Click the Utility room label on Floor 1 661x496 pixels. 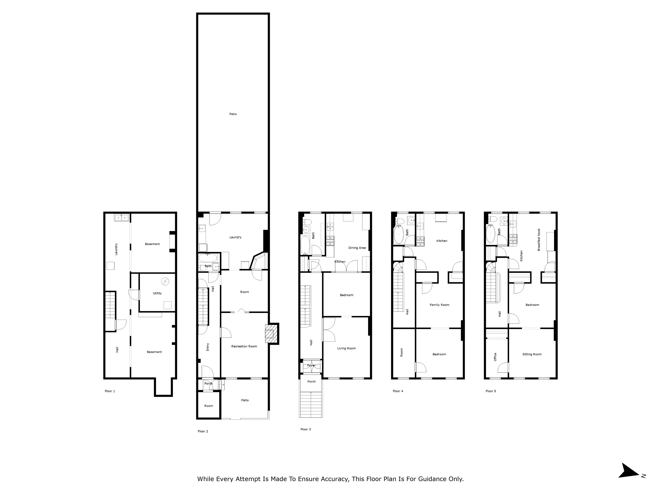(x=157, y=293)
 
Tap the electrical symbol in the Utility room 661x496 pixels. (x=165, y=281)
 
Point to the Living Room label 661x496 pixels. (x=346, y=348)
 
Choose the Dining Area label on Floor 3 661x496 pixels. (x=357, y=248)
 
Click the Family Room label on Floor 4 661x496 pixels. (x=439, y=305)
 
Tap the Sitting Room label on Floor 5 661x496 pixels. (x=532, y=354)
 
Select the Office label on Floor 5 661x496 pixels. (x=495, y=357)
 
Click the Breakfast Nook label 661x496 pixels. (x=539, y=240)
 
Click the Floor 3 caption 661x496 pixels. (x=306, y=429)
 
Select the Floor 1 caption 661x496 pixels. (x=110, y=391)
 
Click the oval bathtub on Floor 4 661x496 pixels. (x=399, y=235)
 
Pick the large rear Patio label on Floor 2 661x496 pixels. (x=233, y=114)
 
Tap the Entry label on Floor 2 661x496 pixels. (x=208, y=347)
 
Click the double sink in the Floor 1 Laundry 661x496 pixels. (x=121, y=218)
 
